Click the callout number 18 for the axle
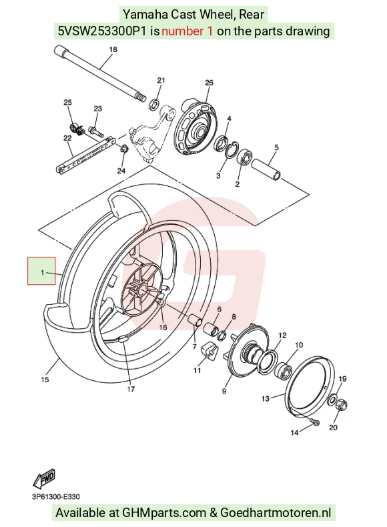113,49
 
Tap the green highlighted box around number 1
41,271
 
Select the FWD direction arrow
44,478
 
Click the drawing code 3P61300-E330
56,497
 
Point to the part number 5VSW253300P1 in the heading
102,31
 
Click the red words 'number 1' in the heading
187,31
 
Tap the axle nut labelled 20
342,405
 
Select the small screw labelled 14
316,422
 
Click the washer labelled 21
154,104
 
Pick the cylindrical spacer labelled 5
266,169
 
